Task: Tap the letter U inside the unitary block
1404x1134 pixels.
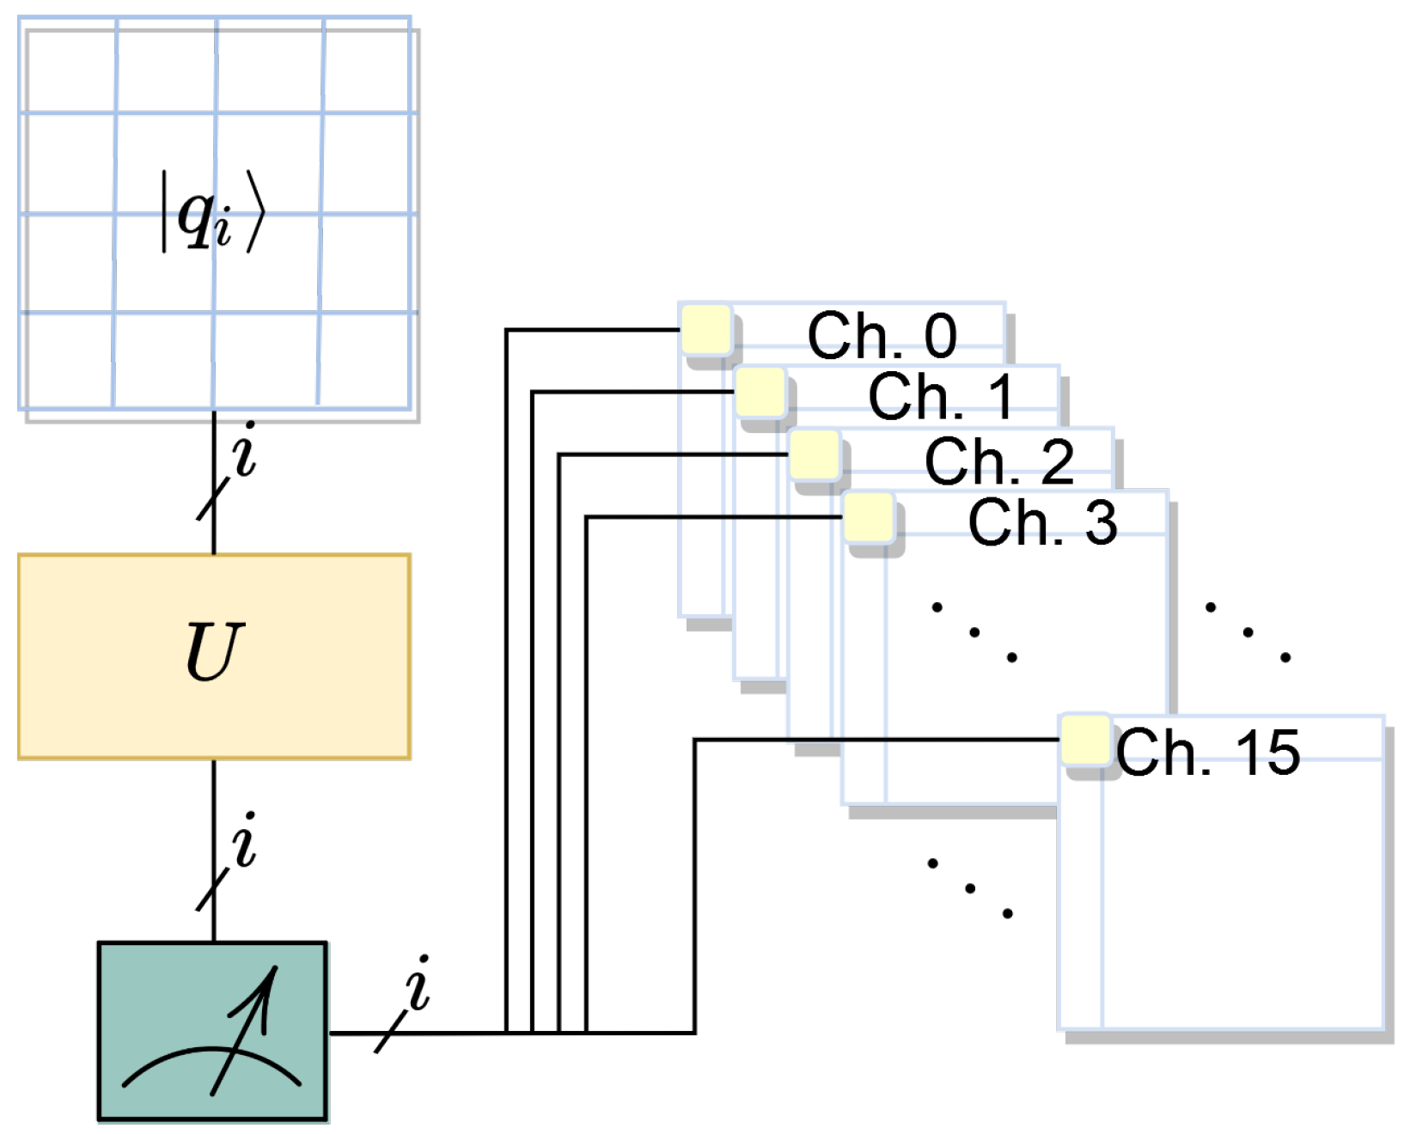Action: pyautogui.click(x=214, y=651)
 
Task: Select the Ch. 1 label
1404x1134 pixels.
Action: pyautogui.click(x=941, y=397)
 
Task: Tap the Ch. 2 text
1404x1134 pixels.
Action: pyautogui.click(x=998, y=460)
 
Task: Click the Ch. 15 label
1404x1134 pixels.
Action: pyautogui.click(x=1208, y=753)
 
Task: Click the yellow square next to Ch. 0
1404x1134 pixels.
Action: pyautogui.click(x=706, y=329)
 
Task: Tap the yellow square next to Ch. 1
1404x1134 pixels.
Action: pyautogui.click(x=760, y=392)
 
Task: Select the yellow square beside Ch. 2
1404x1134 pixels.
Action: pyautogui.click(x=815, y=454)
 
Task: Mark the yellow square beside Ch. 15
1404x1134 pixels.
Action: pyautogui.click(x=1085, y=740)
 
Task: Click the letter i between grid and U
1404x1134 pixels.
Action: pyautogui.click(x=245, y=449)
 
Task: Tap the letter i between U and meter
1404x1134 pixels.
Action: pyautogui.click(x=245, y=840)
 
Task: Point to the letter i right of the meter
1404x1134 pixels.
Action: pyautogui.click(x=418, y=984)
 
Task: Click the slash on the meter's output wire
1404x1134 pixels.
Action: pyautogui.click(x=392, y=1032)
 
